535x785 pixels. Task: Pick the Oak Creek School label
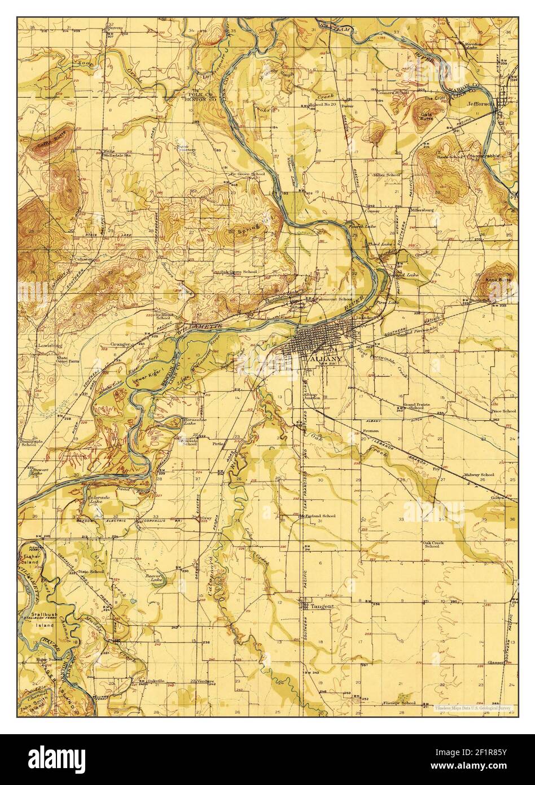432,544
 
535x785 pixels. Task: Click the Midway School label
478,475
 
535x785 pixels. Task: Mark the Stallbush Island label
42,621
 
